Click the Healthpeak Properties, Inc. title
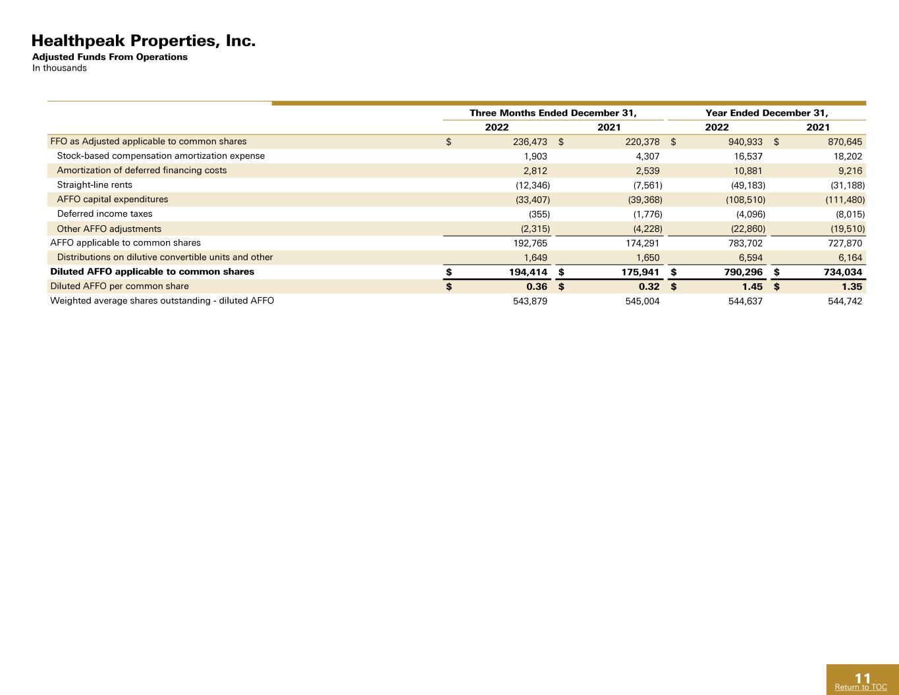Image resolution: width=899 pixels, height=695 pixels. (x=144, y=41)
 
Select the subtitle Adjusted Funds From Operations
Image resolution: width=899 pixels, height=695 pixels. (x=109, y=57)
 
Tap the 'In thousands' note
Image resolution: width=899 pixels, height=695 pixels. (x=59, y=69)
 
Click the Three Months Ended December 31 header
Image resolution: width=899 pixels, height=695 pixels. (x=553, y=113)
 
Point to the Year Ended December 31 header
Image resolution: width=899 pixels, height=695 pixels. (x=767, y=113)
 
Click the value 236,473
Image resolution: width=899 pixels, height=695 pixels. (x=530, y=142)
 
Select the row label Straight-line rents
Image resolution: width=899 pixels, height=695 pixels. (x=95, y=185)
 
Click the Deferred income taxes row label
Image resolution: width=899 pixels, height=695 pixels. (x=105, y=214)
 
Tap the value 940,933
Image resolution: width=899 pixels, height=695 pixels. (x=746, y=142)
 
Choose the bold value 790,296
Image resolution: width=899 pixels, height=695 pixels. (x=744, y=272)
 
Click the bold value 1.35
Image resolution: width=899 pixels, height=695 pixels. (x=852, y=287)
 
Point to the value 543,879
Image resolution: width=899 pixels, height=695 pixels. (x=530, y=301)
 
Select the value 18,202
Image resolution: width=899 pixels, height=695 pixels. (x=848, y=156)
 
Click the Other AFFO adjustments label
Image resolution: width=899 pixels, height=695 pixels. (x=109, y=229)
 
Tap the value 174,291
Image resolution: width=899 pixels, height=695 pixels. (x=643, y=243)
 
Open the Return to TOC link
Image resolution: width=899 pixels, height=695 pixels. (x=861, y=687)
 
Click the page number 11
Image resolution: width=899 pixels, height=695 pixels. (x=863, y=678)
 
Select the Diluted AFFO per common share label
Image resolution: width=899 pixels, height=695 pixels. (x=120, y=287)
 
